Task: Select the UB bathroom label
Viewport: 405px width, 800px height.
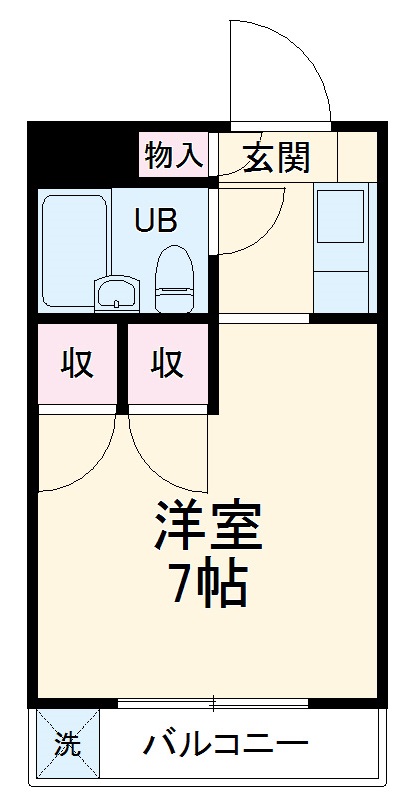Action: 155,219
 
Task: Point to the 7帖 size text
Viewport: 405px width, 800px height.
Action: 208,586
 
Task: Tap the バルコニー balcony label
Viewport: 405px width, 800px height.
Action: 224,745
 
